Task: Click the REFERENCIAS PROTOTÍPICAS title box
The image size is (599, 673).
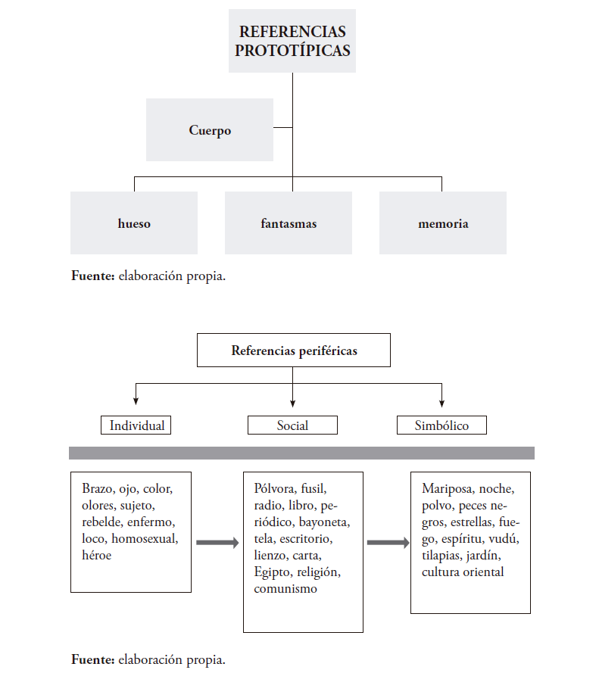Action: [x=292, y=42]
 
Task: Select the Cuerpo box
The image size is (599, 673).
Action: [x=210, y=130]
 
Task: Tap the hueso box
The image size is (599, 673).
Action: [x=134, y=223]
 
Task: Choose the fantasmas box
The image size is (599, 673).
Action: [x=289, y=223]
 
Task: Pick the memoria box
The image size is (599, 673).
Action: [x=443, y=223]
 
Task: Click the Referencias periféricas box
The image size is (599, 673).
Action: [x=294, y=351]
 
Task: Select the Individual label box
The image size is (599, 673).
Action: [x=136, y=425]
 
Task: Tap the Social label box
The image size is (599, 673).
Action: [x=292, y=425]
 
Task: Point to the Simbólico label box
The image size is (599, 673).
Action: [x=441, y=425]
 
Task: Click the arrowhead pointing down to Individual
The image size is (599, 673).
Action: [x=136, y=400]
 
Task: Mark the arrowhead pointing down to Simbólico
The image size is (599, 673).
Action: [x=442, y=400]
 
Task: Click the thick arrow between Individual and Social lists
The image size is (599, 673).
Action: [x=218, y=542]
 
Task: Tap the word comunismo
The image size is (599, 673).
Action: [x=285, y=588]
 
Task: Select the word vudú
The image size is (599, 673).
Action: [x=503, y=539]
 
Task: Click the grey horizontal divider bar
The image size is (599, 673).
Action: [x=301, y=453]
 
